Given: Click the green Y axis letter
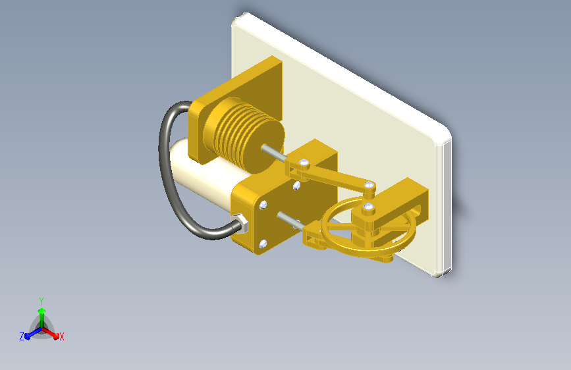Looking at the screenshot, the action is (41, 302).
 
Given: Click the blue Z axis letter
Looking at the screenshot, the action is (22, 336).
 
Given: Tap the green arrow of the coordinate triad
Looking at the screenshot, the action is (42, 317).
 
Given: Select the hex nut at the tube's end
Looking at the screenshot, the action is (240, 223).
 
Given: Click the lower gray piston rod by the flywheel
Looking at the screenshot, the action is (291, 222).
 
